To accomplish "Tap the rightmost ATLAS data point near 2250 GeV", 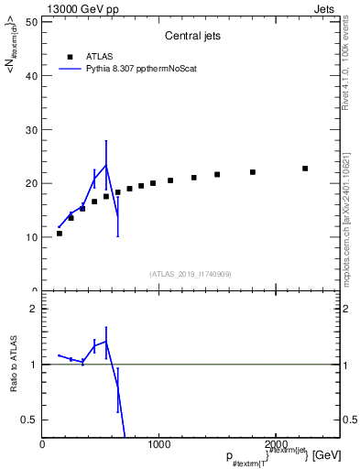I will pyautogui.click(x=305, y=169).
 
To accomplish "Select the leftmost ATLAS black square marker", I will pyautogui.click(x=60, y=234).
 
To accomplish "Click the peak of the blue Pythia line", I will pyautogui.click(x=106, y=165).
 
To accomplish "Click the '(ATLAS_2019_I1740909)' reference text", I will pyautogui.click(x=190, y=274).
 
